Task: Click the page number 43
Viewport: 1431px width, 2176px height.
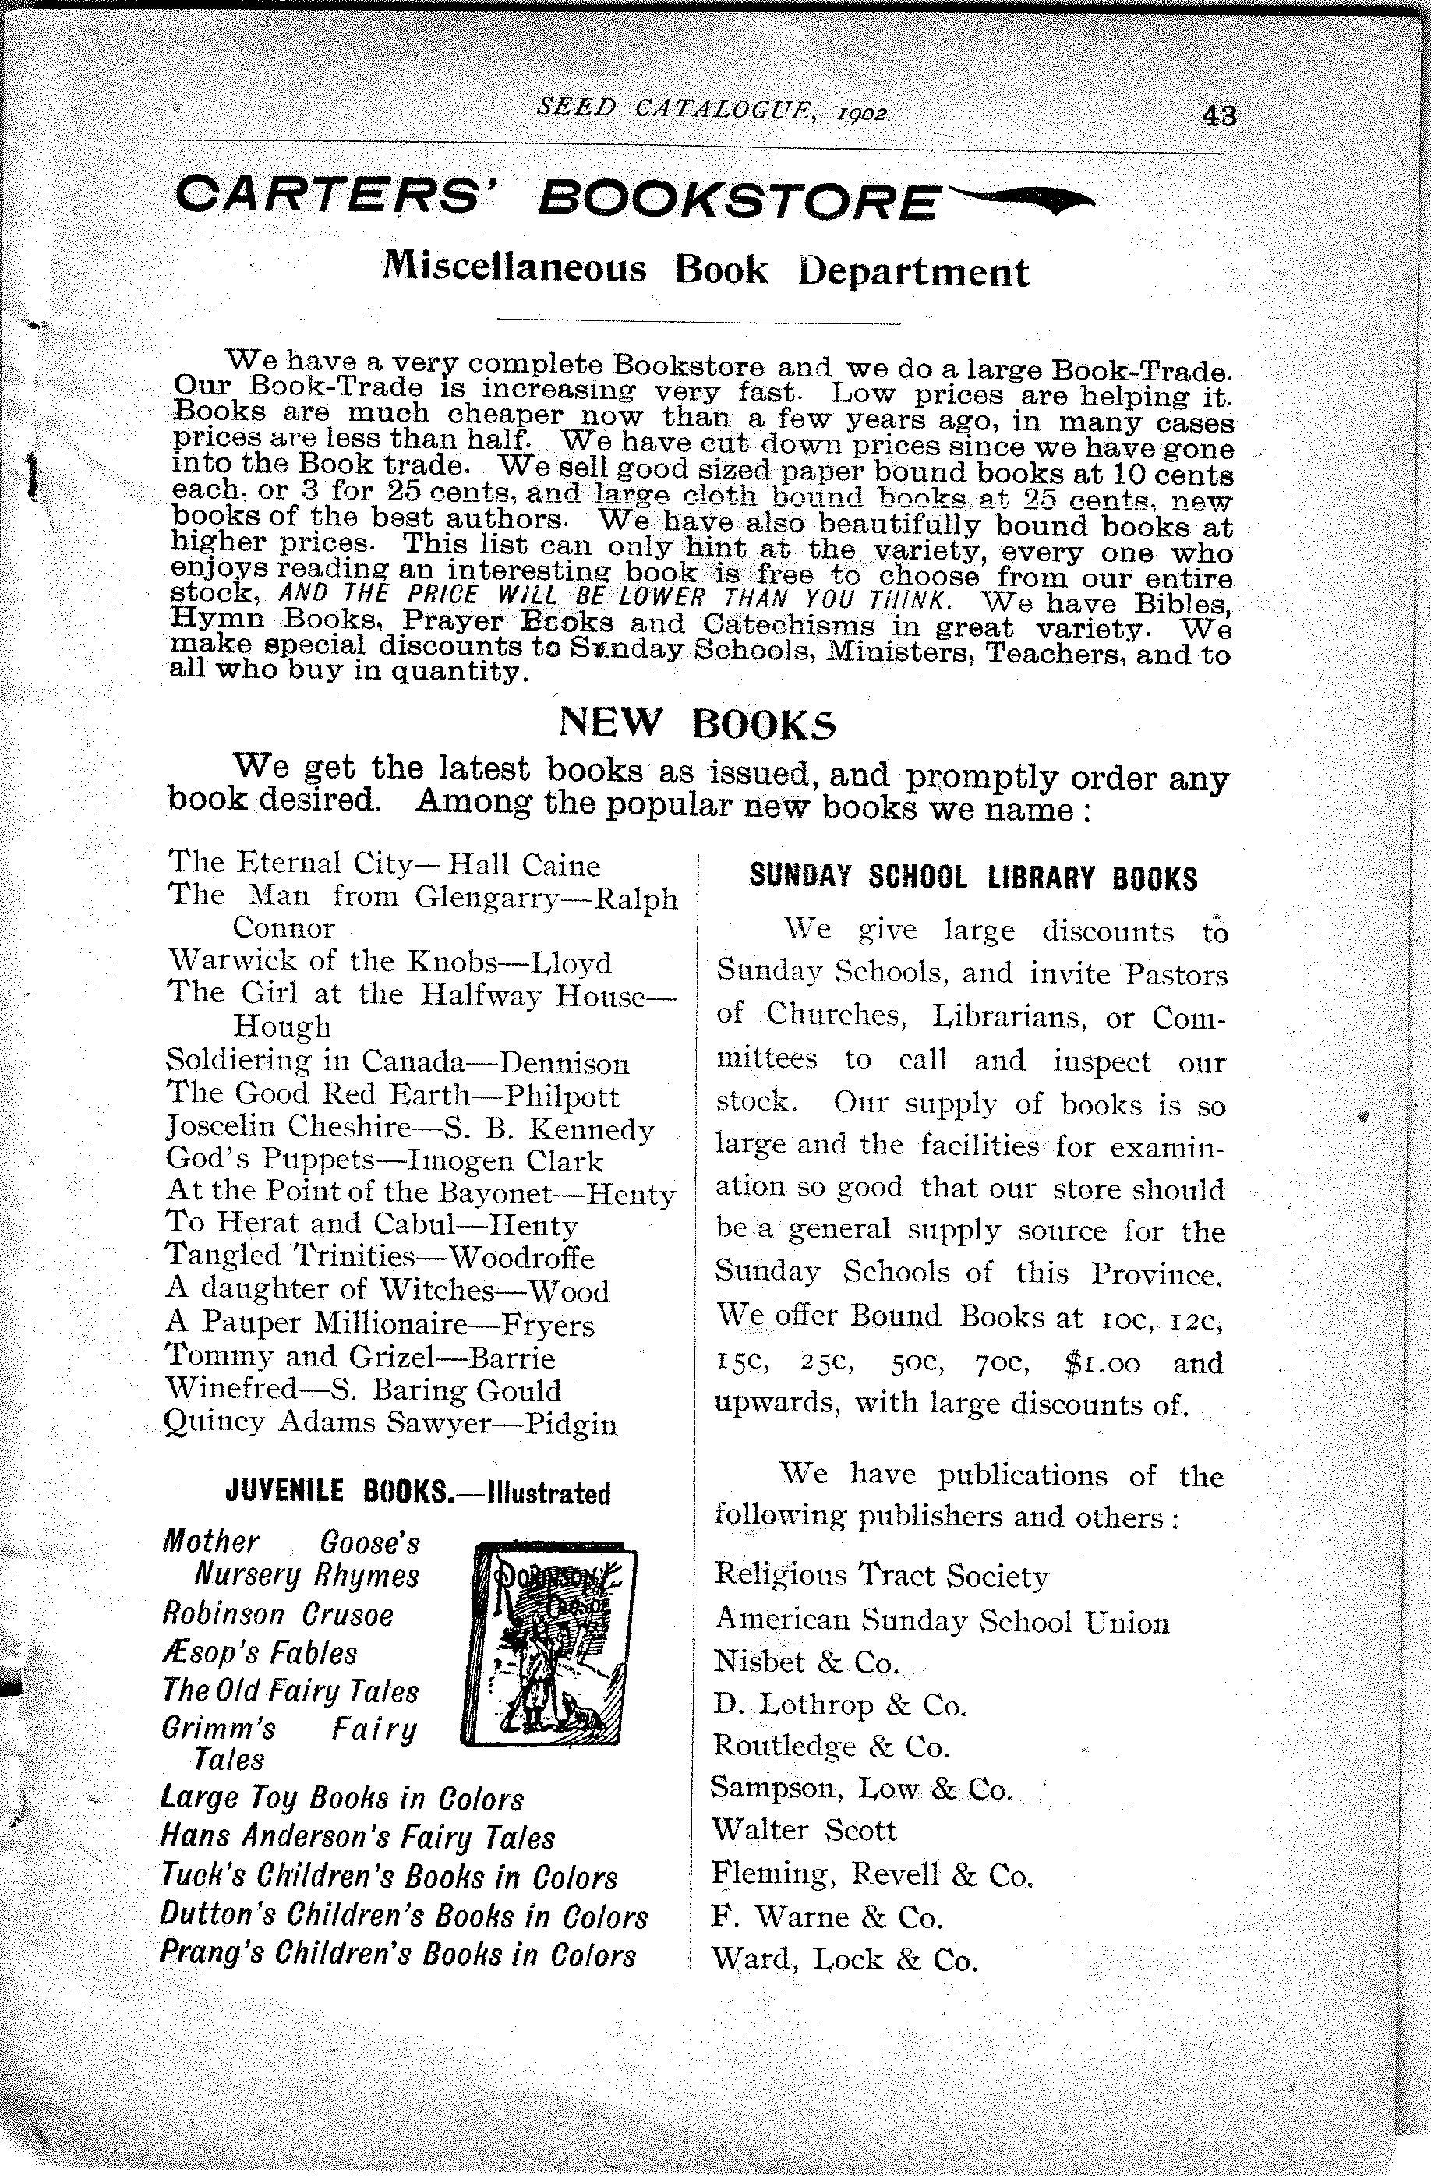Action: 1220,116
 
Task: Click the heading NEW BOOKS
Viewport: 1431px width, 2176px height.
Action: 697,723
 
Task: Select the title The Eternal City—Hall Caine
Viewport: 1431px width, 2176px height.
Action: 384,863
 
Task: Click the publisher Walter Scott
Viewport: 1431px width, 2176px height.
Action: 804,1829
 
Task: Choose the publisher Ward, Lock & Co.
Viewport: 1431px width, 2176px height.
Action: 844,1959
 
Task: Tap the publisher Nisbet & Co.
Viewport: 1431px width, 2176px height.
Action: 806,1662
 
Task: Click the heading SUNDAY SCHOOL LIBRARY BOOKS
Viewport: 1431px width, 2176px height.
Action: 973,878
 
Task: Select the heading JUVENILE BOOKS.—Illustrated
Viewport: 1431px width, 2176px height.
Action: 417,1492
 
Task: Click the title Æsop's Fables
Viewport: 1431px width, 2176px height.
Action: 260,1653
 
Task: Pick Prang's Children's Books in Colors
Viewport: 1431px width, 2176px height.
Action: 397,1954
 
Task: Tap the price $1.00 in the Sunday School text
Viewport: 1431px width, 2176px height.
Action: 1103,1363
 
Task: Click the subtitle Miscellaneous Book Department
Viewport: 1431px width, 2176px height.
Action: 705,269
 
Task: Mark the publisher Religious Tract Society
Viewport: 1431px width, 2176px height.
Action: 881,1574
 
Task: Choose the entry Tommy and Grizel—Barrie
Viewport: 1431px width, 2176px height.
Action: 360,1358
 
